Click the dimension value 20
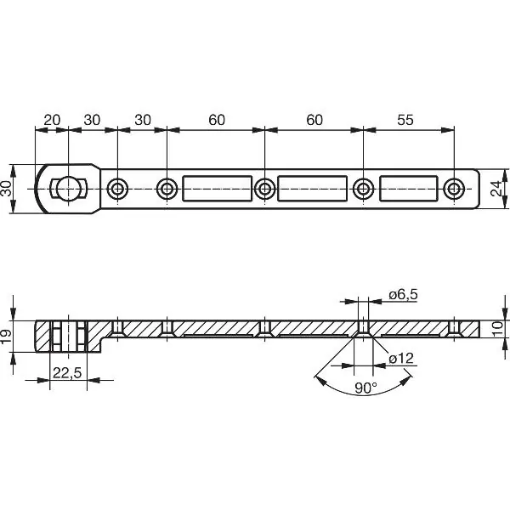(51, 120)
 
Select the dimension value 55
(405, 120)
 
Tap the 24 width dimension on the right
(496, 189)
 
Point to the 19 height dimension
(8, 337)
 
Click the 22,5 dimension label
(68, 372)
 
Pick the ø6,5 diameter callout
(402, 294)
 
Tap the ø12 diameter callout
(401, 359)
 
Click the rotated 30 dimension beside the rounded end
(8, 188)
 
